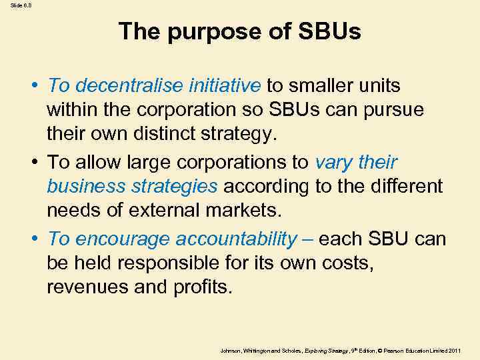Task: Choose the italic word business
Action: pos(84,187)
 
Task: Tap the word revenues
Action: pos(93,288)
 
